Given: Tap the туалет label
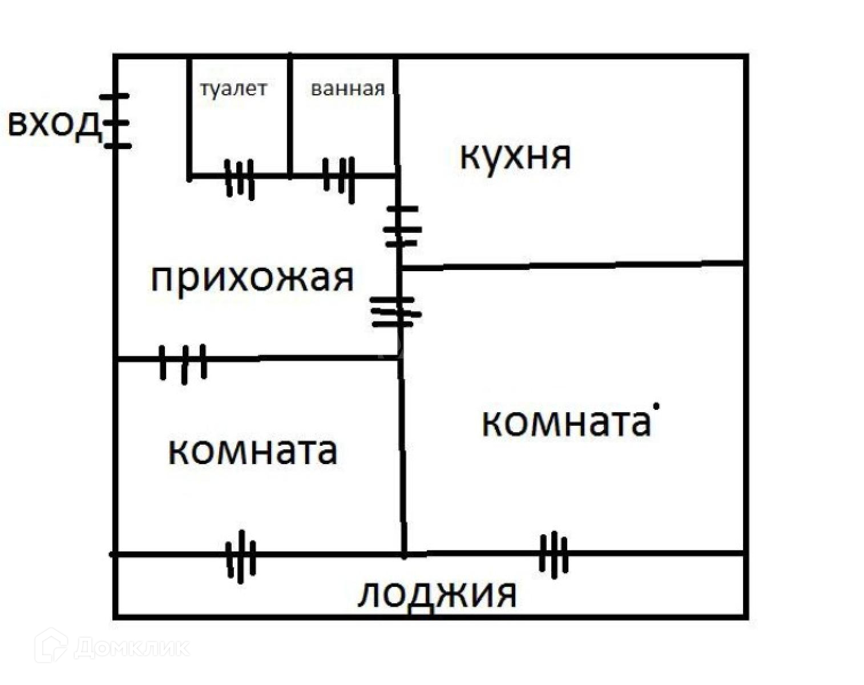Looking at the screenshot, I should click(233, 89).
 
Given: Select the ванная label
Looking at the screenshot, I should click(348, 89).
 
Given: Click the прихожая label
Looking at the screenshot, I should click(252, 279).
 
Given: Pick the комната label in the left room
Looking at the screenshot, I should click(252, 450).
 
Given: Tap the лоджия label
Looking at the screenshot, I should click(437, 595).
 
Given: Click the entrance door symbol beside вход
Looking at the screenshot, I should click(117, 122).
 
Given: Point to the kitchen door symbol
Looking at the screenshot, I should click(401, 227).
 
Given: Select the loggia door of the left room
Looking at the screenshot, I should click(241, 556).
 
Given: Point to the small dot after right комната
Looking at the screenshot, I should click(657, 406).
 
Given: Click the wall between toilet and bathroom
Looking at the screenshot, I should click(290, 114).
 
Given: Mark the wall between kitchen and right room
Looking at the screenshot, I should click(571, 265).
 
